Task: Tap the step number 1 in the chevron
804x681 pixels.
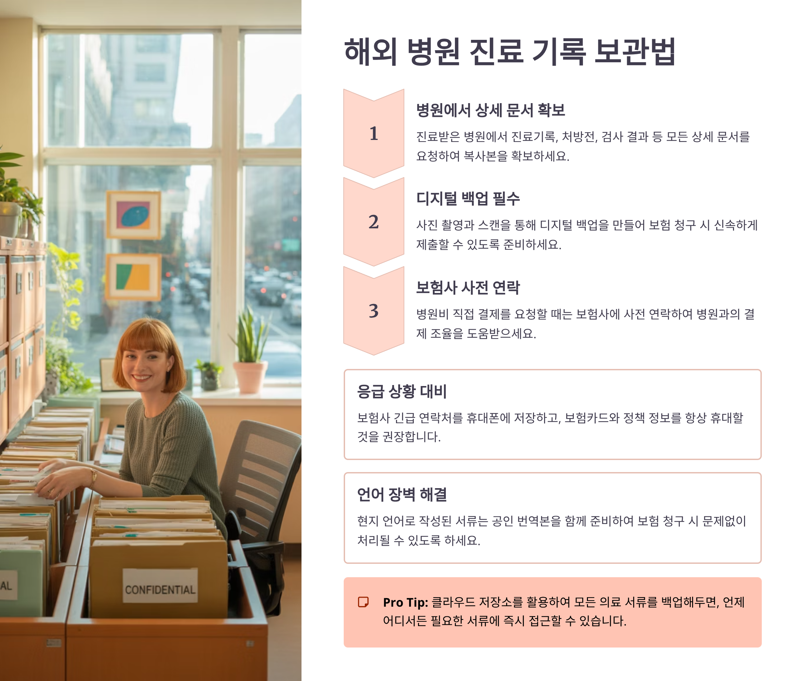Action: click(x=374, y=134)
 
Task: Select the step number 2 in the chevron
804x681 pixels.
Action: click(x=374, y=222)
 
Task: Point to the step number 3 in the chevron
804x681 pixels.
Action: click(x=374, y=311)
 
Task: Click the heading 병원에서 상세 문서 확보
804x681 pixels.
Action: click(x=490, y=110)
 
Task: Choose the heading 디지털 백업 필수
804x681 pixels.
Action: click(x=468, y=199)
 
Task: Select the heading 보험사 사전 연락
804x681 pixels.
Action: click(x=468, y=288)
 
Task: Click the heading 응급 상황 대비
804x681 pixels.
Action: click(x=402, y=391)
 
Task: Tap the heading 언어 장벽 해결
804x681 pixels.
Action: click(x=402, y=495)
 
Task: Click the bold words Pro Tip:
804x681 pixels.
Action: click(x=405, y=602)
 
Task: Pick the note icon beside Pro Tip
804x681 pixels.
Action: click(x=363, y=602)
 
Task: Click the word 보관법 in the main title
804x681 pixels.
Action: click(x=635, y=51)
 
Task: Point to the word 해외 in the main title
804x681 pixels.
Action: click(x=370, y=51)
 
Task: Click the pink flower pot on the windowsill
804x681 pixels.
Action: click(x=250, y=377)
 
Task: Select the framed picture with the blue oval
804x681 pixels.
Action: click(x=134, y=215)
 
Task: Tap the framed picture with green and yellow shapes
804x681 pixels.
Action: click(x=134, y=277)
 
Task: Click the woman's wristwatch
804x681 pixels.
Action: click(x=93, y=477)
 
